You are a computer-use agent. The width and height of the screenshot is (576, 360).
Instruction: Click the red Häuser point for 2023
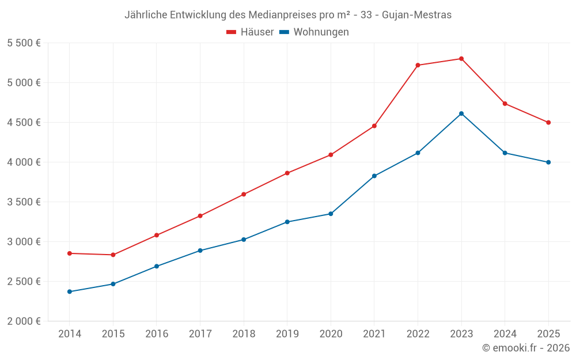(461, 59)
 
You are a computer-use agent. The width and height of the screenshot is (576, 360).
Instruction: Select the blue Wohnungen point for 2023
(461, 113)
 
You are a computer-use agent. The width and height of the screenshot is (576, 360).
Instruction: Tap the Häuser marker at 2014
(70, 253)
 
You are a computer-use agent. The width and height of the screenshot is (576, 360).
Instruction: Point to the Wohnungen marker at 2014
(70, 291)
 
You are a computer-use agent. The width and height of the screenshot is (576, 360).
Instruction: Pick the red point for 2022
(418, 65)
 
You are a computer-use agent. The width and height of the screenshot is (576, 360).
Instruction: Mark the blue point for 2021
(374, 176)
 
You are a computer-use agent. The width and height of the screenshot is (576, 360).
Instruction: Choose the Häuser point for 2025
(548, 122)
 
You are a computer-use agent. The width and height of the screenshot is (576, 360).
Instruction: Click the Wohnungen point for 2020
(331, 214)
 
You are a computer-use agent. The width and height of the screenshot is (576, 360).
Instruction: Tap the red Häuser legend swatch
(232, 32)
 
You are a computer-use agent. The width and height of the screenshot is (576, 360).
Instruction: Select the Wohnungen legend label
(321, 32)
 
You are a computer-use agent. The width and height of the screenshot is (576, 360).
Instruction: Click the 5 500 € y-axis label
(24, 43)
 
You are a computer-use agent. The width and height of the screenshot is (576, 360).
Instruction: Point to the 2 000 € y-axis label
(24, 321)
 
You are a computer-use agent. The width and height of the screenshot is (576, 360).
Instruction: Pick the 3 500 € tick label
(24, 202)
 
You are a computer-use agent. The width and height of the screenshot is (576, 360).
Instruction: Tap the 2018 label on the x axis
(244, 334)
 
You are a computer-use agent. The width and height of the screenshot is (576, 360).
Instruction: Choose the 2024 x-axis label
(505, 334)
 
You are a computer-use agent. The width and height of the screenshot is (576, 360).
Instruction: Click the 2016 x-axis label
(157, 334)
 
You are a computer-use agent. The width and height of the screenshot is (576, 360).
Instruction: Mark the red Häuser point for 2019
(287, 173)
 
